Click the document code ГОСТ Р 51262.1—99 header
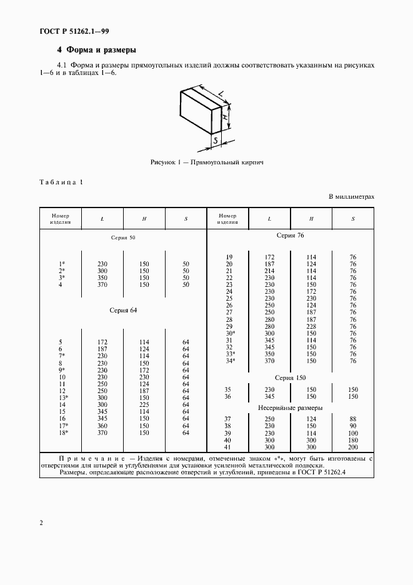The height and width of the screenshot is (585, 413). (74, 31)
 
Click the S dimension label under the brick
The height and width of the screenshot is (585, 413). (215, 142)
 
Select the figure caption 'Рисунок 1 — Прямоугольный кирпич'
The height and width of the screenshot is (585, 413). (207, 162)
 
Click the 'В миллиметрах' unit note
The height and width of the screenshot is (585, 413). (351, 197)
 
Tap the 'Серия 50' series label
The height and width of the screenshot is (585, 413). (122, 238)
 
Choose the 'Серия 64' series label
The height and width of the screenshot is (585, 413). (122, 310)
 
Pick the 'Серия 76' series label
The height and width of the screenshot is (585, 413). (290, 235)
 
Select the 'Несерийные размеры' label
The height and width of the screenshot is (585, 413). (290, 407)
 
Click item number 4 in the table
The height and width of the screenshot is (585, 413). (61, 285)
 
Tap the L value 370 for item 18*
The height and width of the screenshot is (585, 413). (103, 432)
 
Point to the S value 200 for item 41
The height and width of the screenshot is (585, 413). (352, 447)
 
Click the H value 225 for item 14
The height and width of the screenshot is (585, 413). (144, 405)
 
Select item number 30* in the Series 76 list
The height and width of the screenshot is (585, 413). (229, 333)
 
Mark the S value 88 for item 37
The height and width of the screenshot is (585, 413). (352, 419)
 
